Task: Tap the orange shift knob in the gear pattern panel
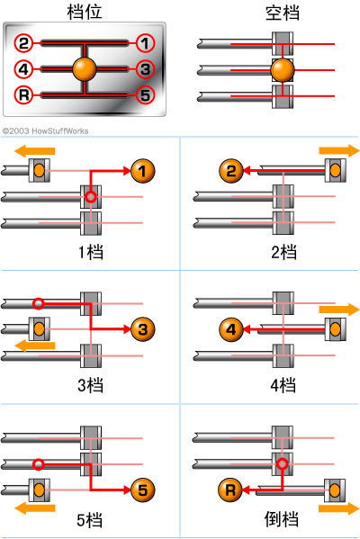[84, 68]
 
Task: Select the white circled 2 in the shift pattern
[24, 42]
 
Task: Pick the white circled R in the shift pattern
[24, 94]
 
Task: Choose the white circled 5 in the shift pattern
[146, 94]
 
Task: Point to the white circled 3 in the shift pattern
[146, 68]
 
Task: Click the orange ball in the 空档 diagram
[283, 70]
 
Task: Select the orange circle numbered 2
[229, 168]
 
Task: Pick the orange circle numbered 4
[229, 330]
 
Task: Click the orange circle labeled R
[229, 490]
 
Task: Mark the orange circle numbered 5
[142, 490]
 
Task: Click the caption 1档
[90, 252]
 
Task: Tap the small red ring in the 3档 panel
[38, 303]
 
